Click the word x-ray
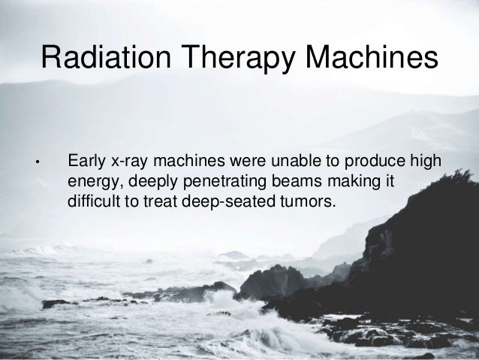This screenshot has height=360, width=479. click(x=131, y=162)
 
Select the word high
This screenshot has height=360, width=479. click(x=424, y=162)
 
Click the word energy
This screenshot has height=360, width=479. click(x=91, y=182)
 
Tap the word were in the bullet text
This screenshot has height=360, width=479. click(x=252, y=162)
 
